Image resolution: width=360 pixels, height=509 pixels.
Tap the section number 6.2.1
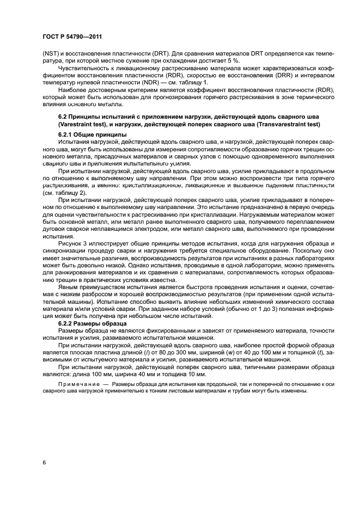pyautogui.click(x=66, y=134)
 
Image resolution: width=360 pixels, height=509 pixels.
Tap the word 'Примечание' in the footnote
pyautogui.click(x=66, y=385)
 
